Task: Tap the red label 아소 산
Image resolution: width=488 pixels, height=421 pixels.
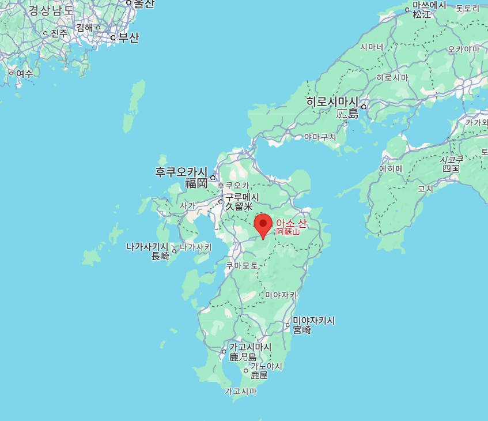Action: tap(291, 223)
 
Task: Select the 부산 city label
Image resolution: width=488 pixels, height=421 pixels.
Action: tap(128, 38)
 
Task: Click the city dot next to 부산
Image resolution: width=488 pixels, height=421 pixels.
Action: tap(114, 38)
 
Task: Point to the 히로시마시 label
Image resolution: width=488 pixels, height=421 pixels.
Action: tap(332, 102)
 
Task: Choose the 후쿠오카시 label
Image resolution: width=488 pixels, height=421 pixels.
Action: tap(181, 172)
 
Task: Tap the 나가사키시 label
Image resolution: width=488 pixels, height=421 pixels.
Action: tap(147, 247)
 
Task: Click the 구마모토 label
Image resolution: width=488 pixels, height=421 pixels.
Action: tap(242, 265)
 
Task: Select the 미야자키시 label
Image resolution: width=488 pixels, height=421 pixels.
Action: tap(314, 321)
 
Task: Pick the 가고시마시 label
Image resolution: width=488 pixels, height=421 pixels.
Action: tap(250, 347)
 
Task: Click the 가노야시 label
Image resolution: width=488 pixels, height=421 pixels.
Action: tap(266, 366)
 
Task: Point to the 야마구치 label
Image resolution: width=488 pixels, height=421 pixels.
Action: tap(320, 137)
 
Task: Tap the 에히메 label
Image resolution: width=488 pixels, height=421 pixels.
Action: tap(391, 168)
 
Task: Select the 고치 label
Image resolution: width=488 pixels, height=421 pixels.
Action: tap(425, 189)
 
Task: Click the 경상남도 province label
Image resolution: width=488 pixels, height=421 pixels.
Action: tap(51, 10)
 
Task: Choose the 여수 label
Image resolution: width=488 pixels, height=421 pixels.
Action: tap(24, 73)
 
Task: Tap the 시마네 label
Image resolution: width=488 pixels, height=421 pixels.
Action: tap(372, 47)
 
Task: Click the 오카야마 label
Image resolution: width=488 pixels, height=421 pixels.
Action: tap(464, 49)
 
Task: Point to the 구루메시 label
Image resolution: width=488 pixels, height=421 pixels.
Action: tap(241, 197)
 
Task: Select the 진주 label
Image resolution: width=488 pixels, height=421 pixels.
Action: tap(59, 33)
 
